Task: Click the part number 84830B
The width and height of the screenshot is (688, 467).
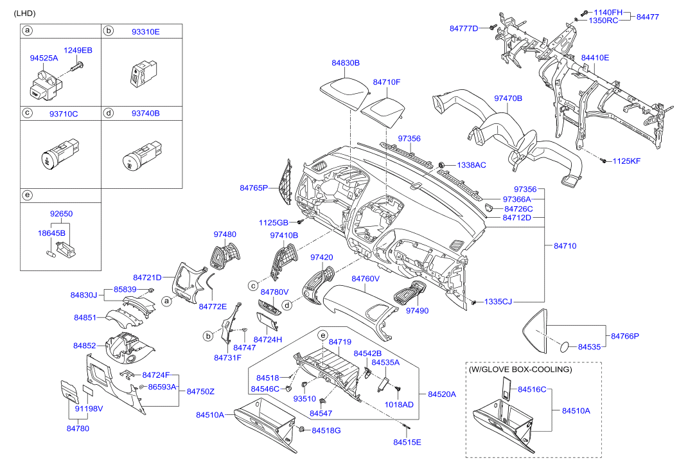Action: pyautogui.click(x=346, y=63)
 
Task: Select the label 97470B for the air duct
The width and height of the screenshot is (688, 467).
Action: pyautogui.click(x=507, y=98)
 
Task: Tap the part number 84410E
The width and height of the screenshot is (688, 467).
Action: pyautogui.click(x=595, y=58)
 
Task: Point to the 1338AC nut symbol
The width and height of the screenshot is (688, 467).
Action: pyautogui.click(x=443, y=165)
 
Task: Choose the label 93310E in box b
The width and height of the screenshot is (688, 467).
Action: pyautogui.click(x=146, y=31)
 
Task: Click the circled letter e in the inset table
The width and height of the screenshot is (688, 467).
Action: pyautogui.click(x=27, y=195)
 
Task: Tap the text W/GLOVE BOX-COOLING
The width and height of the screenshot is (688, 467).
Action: pyautogui.click(x=520, y=369)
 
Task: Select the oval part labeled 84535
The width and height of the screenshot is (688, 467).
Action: pyautogui.click(x=564, y=346)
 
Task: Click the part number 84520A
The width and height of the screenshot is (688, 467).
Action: pyautogui.click(x=441, y=394)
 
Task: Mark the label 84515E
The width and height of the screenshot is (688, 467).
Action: pyautogui.click(x=407, y=442)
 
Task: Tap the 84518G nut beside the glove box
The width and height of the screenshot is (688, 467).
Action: pyautogui.click(x=301, y=428)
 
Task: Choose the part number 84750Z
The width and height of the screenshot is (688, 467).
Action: pyautogui.click(x=200, y=391)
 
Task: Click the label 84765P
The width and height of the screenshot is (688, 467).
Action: pyautogui.click(x=254, y=188)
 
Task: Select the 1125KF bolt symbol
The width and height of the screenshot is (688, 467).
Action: pyautogui.click(x=604, y=160)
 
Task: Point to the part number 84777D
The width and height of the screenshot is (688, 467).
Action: pyautogui.click(x=464, y=28)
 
